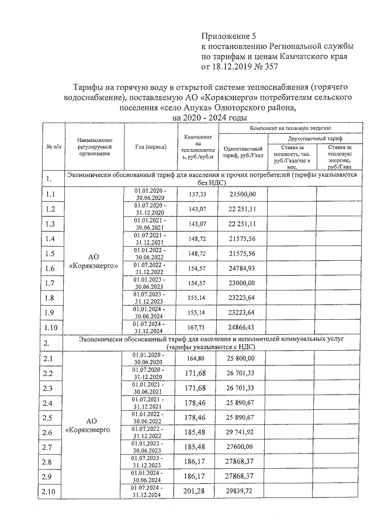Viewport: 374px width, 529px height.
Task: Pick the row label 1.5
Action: click(50, 254)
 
